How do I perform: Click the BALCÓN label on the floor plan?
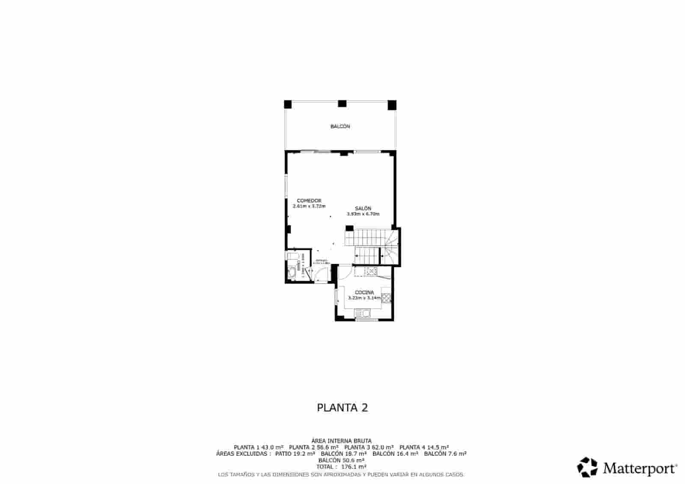[340, 126]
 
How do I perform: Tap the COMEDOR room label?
[309, 200]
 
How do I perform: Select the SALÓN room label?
[363, 209]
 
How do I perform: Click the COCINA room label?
[364, 293]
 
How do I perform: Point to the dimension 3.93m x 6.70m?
[363, 214]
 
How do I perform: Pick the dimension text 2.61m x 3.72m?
[309, 206]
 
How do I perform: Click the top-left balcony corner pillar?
[288, 104]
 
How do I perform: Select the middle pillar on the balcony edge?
[342, 103]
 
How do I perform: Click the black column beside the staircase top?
[349, 229]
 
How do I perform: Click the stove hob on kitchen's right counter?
[386, 297]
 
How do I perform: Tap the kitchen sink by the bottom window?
[364, 314]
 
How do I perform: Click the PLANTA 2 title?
[342, 407]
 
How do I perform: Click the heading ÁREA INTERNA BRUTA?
[341, 440]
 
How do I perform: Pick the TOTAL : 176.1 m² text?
[341, 466]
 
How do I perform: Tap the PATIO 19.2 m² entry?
[295, 453]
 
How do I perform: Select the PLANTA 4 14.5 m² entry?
[423, 447]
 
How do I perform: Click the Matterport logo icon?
[587, 467]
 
